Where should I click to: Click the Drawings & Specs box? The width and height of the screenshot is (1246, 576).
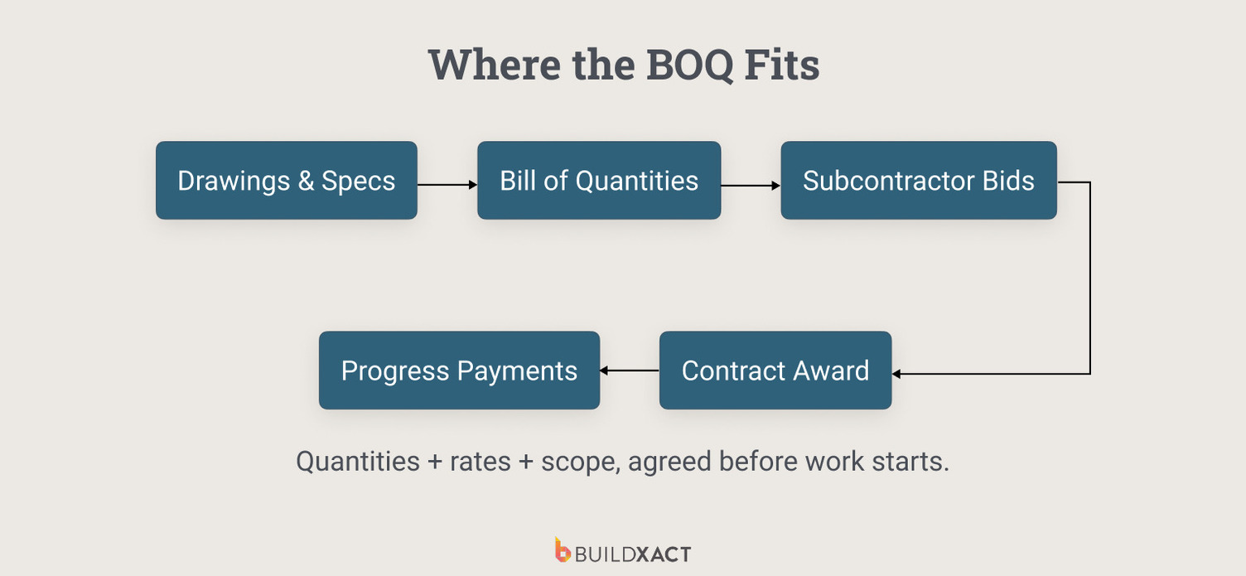click(286, 181)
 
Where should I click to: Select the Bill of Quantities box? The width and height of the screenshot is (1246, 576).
click(598, 181)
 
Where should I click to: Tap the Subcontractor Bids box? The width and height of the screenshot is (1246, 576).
click(918, 181)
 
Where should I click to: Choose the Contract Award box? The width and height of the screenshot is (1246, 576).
click(775, 370)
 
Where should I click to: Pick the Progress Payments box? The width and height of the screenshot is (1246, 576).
click(459, 370)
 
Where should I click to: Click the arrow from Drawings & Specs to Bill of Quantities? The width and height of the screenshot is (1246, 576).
click(447, 185)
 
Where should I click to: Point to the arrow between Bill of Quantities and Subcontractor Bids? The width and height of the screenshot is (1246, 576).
click(750, 185)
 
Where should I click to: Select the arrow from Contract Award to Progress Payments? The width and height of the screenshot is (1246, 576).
click(629, 370)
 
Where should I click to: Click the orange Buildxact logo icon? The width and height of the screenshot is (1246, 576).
click(563, 550)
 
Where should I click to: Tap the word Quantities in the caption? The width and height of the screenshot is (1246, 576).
click(358, 461)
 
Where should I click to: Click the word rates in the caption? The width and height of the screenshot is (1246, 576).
click(480, 461)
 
